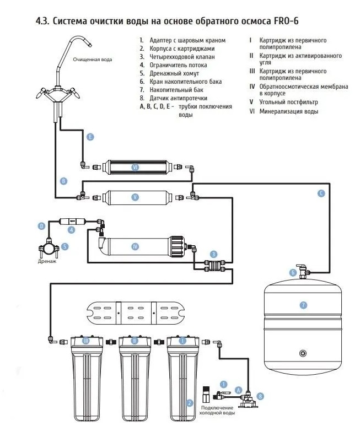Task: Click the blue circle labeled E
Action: coord(90,136)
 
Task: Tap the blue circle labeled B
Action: coord(64,180)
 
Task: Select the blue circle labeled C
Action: coord(321,193)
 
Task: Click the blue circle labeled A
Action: coord(238,390)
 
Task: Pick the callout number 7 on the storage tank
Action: coord(302,305)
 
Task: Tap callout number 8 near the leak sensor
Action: coord(260,395)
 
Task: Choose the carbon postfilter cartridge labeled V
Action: coord(135,196)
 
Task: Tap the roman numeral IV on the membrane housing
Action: coord(134,246)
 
